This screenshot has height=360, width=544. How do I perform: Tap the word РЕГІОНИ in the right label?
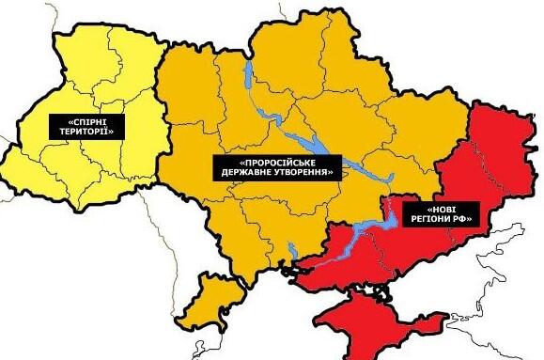point(426,220)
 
